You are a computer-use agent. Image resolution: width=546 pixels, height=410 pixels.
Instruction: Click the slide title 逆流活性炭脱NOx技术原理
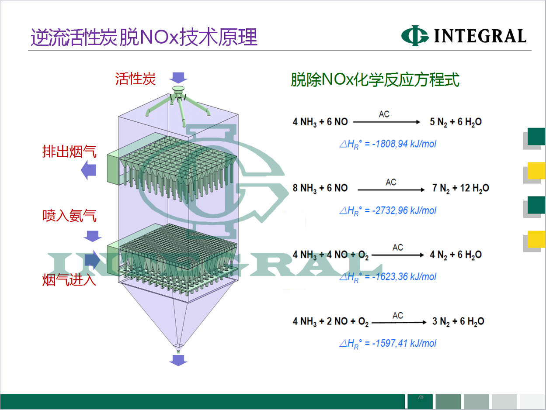144,37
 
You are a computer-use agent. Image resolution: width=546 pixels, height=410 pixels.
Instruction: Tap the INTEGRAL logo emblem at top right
415,36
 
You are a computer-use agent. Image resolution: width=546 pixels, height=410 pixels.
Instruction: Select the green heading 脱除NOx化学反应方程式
375,80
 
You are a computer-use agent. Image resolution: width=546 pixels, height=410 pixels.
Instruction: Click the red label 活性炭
136,79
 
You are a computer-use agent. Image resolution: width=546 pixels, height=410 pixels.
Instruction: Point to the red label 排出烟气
70,151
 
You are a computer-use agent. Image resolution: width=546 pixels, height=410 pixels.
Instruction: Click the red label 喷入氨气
70,215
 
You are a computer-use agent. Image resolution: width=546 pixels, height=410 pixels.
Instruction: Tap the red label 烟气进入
70,280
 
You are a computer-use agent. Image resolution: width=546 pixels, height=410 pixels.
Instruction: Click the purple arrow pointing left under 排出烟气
89,170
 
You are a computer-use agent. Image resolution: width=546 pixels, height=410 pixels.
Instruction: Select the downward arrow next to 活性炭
178,78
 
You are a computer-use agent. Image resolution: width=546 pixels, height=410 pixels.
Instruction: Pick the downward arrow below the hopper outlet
178,360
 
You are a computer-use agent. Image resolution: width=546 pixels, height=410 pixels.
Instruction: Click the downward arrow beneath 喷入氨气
93,236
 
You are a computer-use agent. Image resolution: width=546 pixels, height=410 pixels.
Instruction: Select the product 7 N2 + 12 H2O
461,189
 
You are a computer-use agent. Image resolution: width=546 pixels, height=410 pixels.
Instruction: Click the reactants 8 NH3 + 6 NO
320,189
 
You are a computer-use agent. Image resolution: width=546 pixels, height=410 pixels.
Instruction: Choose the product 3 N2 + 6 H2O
458,322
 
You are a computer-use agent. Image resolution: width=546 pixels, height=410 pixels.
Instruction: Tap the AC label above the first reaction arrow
384,114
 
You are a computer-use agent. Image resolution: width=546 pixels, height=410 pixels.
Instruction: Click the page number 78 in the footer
421,397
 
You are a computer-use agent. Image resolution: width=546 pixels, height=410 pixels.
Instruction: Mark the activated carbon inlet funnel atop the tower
178,89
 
